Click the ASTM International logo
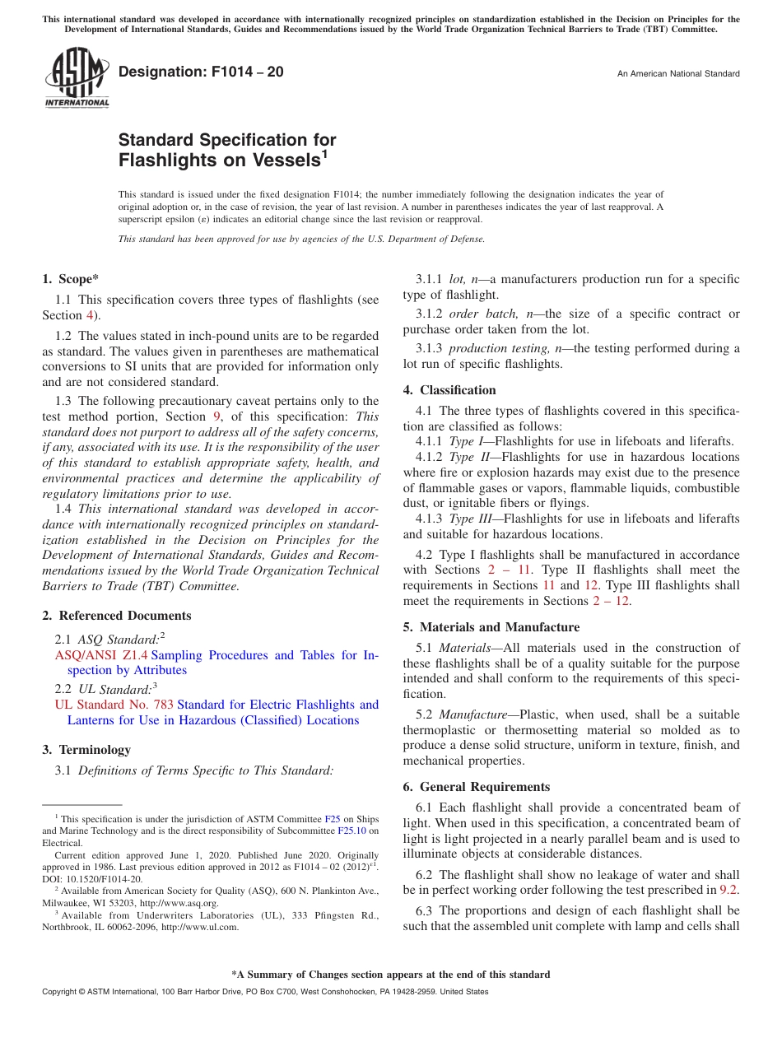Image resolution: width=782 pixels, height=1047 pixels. (x=76, y=78)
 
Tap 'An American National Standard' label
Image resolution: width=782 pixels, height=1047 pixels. (x=678, y=74)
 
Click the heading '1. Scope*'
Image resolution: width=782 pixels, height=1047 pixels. (x=72, y=279)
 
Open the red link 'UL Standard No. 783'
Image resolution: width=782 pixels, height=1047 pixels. (x=114, y=705)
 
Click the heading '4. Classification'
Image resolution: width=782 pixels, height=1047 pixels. (x=449, y=390)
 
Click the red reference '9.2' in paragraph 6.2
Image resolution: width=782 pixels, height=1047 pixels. (x=729, y=890)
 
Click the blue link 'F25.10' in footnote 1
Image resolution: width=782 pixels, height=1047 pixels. (x=351, y=831)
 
